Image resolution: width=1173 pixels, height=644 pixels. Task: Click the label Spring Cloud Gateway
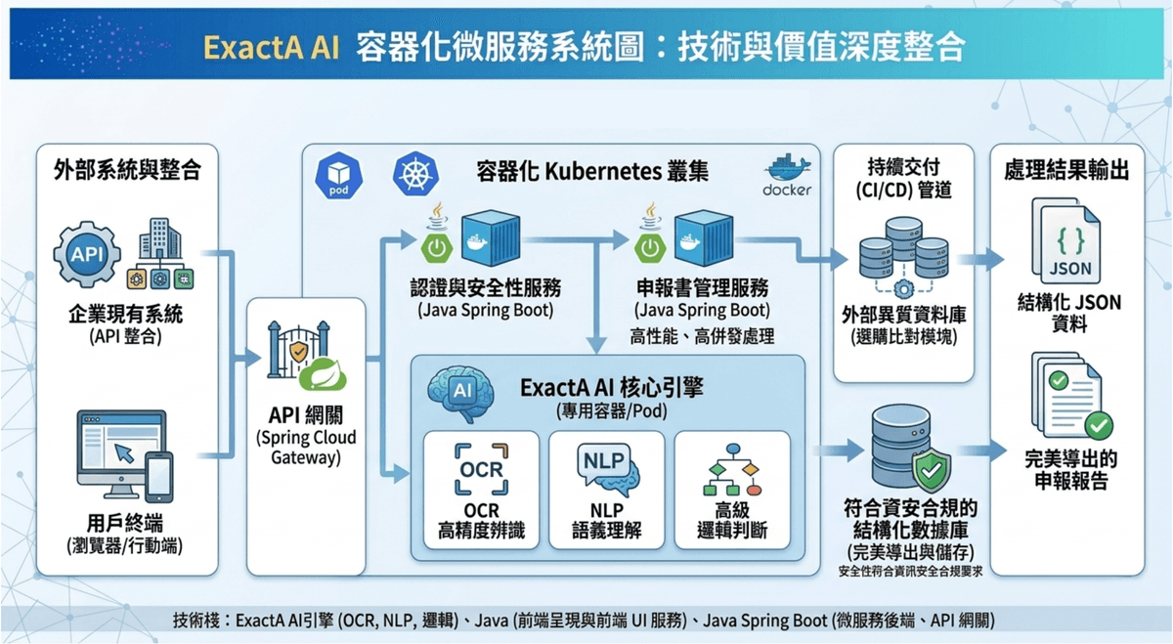click(306, 448)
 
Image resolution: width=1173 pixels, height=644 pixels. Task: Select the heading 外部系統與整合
click(127, 171)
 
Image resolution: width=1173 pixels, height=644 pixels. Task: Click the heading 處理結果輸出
click(1066, 171)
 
